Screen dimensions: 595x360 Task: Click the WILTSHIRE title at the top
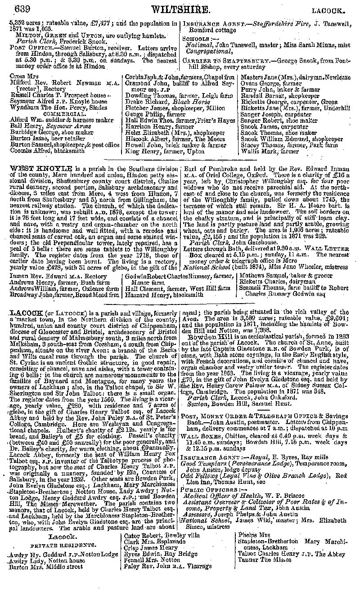click(x=180, y=9)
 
